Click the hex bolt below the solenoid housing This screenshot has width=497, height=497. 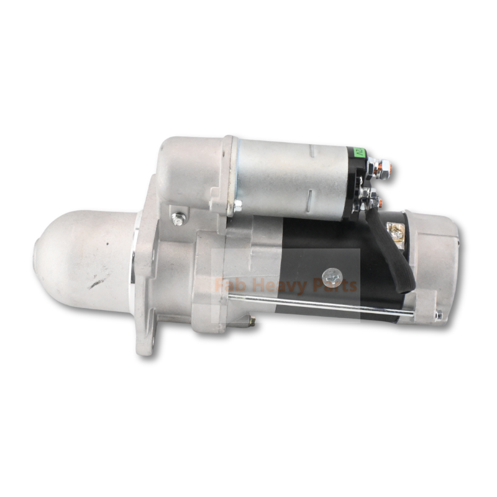180,218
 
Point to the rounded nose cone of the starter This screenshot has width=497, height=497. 81,255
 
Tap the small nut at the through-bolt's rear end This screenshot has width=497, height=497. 438,316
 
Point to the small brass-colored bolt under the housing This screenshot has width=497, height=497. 251,321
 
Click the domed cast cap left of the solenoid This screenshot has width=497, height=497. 186,168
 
